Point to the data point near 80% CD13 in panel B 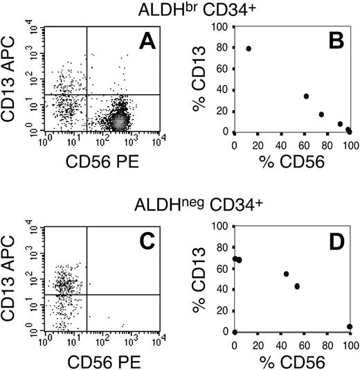(249, 49)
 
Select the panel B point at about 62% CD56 (306, 96)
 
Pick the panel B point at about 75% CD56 (321, 114)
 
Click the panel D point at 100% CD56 (350, 326)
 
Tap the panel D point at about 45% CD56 (287, 274)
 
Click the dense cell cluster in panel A (119, 121)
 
